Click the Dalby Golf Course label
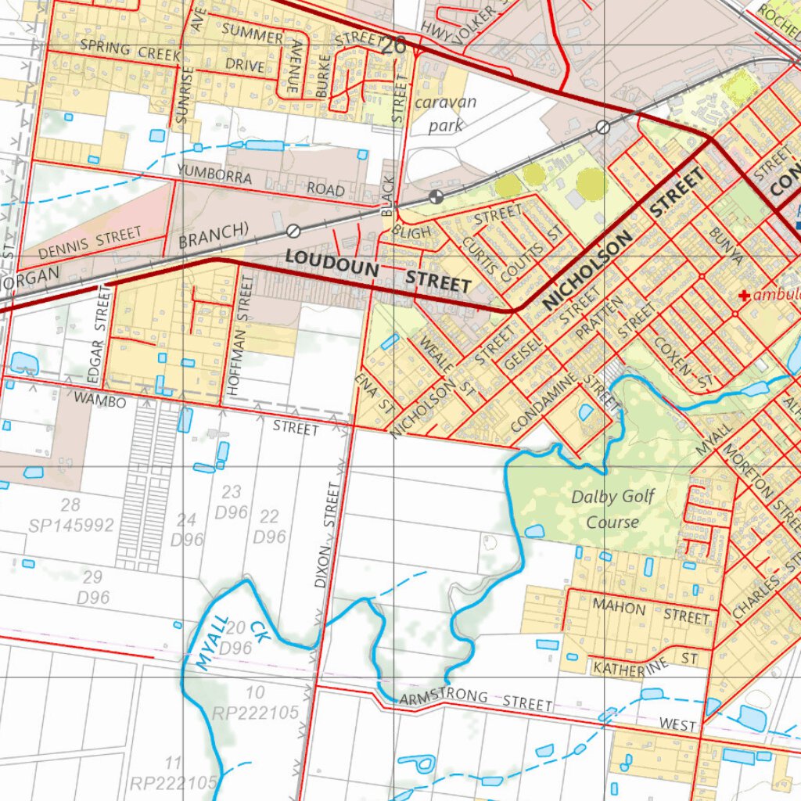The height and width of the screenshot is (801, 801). tap(612, 509)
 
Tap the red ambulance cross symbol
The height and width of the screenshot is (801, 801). tap(744, 296)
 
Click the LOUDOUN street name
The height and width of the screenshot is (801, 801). tap(332, 262)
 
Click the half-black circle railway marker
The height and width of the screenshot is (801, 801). tap(436, 196)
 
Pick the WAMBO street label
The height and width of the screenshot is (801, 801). tap(100, 401)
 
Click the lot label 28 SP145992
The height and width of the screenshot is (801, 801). tap(70, 515)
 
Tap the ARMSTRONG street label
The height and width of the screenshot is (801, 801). tap(443, 698)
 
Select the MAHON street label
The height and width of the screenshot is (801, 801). tap(619, 607)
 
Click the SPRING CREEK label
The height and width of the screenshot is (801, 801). tap(130, 52)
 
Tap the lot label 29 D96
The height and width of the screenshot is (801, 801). tap(92, 587)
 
